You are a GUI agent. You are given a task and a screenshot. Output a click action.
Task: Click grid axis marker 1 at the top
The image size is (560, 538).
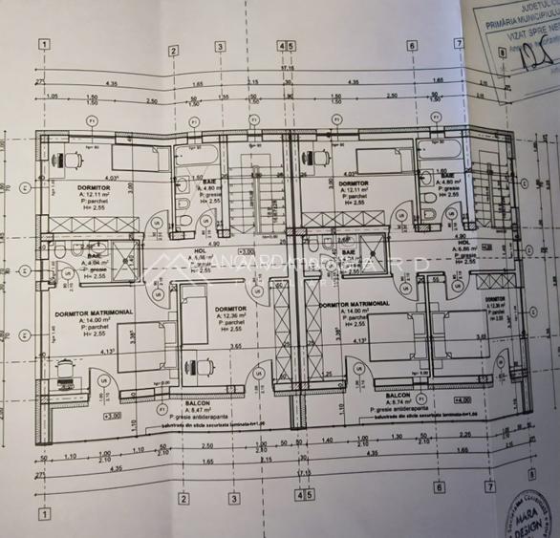tap(44, 44)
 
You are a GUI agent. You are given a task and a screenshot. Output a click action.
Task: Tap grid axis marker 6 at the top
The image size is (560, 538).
tap(412, 45)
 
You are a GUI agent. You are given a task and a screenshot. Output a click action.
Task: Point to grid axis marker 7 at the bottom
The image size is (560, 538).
tap(490, 486)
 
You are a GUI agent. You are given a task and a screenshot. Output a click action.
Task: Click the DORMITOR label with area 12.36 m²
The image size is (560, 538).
tap(229, 311)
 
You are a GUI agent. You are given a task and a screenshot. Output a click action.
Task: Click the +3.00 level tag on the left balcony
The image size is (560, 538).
tap(112, 417)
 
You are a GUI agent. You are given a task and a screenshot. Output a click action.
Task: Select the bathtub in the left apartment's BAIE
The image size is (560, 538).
tap(198, 156)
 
